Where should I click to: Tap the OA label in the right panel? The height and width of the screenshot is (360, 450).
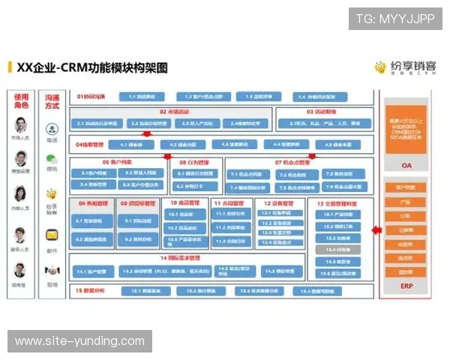click(406, 165)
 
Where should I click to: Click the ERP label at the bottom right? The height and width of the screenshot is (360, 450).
click(406, 286)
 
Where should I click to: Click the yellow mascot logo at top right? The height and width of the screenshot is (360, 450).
click(381, 67)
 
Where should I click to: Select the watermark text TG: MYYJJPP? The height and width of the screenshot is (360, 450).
click(395, 18)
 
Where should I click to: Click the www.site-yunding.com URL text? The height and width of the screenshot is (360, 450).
click(80, 341)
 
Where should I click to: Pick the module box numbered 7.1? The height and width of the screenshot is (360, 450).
click(242, 174)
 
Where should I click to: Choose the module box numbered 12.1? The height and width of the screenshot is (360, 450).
click(277, 213)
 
